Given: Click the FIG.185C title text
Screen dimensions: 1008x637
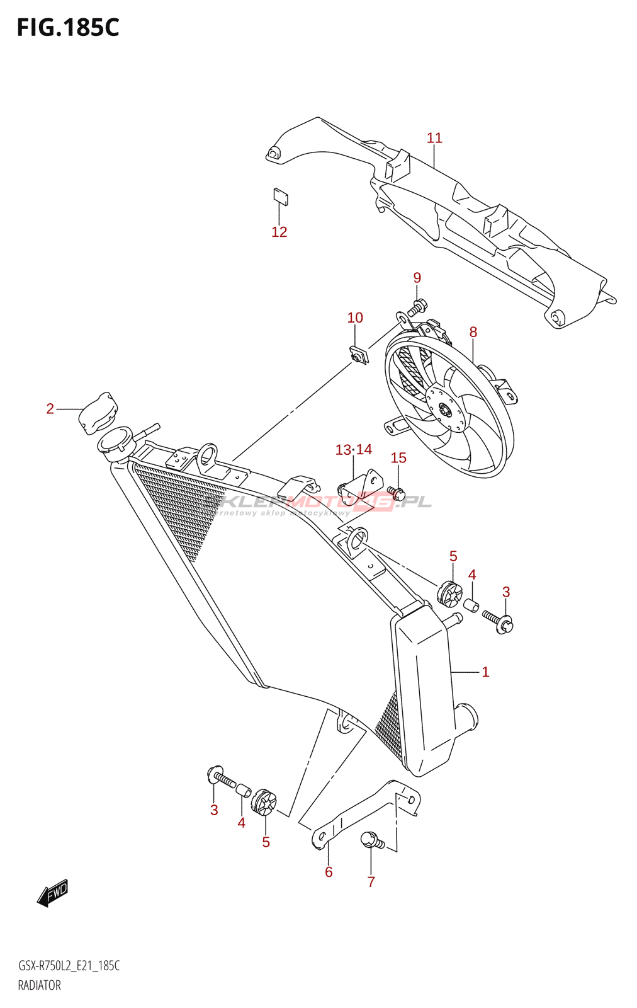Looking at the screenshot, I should (x=68, y=28).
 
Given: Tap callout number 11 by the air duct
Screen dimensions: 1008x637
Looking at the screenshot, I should (x=434, y=138).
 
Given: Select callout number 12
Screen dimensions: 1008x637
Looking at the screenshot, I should (x=279, y=232).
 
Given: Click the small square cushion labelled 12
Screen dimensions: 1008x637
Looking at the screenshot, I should (x=281, y=197).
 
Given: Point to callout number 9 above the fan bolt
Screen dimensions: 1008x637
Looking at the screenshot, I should (x=417, y=278).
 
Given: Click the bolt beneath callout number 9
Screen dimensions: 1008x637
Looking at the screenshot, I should (x=417, y=307).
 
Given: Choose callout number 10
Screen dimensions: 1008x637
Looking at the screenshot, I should (x=355, y=318).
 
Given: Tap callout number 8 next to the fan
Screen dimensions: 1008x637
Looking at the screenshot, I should (x=473, y=332).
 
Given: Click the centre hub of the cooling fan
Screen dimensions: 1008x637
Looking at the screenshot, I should (x=444, y=410).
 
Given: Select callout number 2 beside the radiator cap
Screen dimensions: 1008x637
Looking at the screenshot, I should (x=50, y=409).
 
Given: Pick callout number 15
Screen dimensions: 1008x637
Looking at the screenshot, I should (x=398, y=458).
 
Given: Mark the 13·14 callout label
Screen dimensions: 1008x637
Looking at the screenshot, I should (x=353, y=450).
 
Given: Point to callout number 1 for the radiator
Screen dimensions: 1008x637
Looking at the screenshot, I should (x=485, y=672).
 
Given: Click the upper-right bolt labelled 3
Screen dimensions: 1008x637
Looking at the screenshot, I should (x=498, y=619).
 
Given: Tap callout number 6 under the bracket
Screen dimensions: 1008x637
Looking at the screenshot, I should (x=329, y=873).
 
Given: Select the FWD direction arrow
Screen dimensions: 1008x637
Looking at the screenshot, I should (x=52, y=893).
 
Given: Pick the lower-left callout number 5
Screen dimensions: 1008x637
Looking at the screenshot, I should (x=266, y=842).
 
